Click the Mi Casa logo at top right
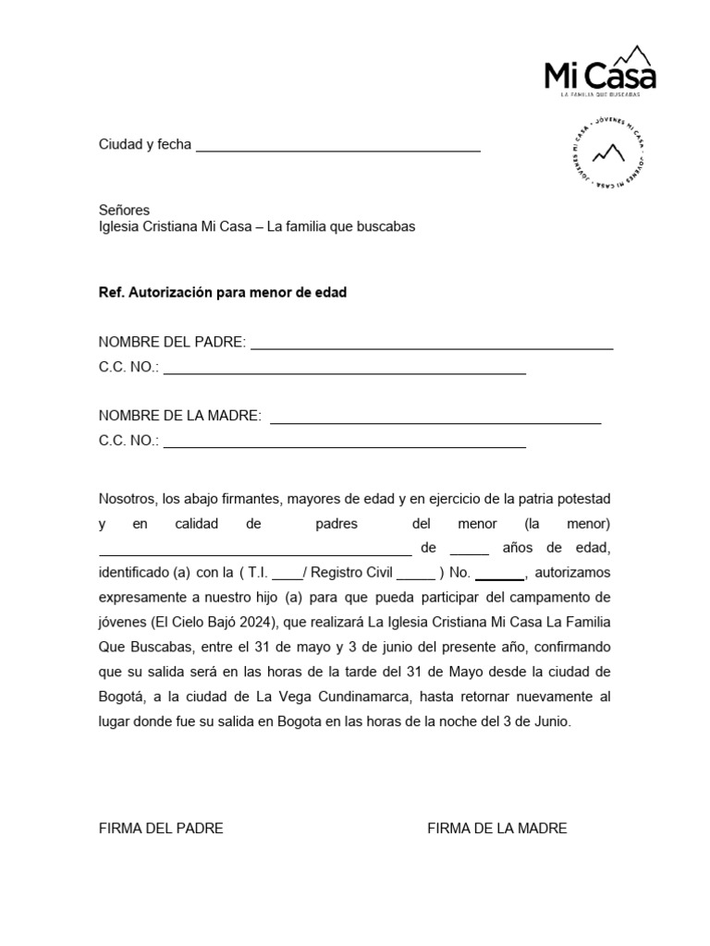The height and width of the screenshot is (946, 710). pyautogui.click(x=600, y=70)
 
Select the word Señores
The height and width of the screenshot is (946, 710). pyautogui.click(x=124, y=210)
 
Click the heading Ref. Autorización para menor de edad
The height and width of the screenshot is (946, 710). pyautogui.click(x=223, y=293)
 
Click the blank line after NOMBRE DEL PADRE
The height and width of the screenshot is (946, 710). pyautogui.click(x=432, y=346)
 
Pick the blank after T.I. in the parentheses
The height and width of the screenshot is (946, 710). pyautogui.click(x=287, y=575)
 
